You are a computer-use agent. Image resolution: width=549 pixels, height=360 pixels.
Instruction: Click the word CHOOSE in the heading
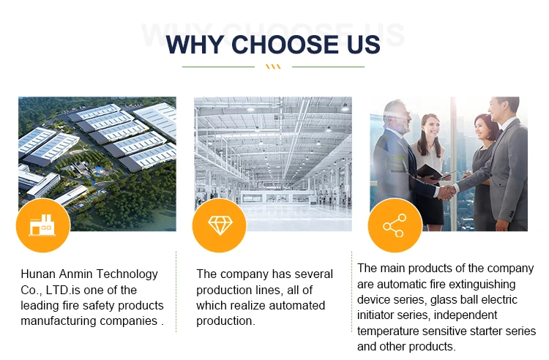(x=285, y=45)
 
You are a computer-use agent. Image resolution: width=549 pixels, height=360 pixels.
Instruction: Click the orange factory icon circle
(x=43, y=225)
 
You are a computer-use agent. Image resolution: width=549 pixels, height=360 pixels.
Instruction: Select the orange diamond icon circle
(x=220, y=225)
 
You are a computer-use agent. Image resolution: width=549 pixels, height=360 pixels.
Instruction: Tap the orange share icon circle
(x=395, y=225)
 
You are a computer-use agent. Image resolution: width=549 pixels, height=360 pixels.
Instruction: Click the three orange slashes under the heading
(x=273, y=67)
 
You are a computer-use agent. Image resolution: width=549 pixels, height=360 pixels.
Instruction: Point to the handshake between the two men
(x=447, y=192)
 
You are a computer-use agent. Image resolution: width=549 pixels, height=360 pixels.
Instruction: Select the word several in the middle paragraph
(x=314, y=274)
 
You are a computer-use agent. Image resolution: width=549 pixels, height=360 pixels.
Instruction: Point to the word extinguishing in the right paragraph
(x=482, y=285)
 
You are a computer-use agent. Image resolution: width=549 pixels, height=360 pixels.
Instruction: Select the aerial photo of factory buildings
(x=97, y=164)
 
